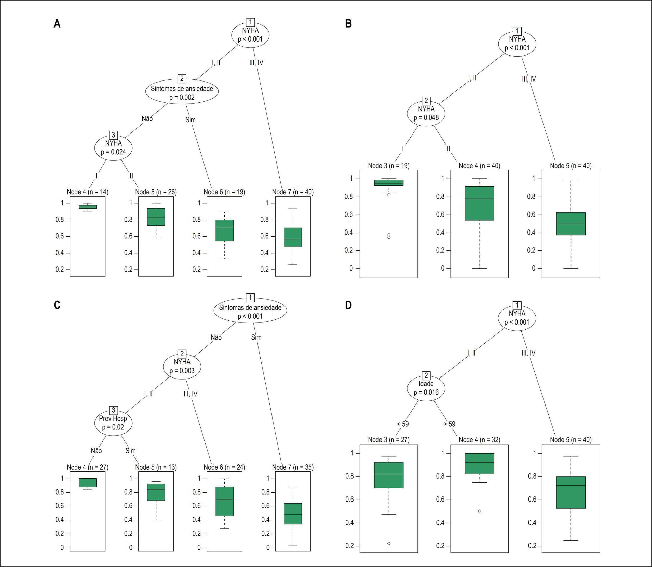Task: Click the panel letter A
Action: pyautogui.click(x=57, y=23)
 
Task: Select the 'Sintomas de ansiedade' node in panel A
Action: pyautogui.click(x=182, y=91)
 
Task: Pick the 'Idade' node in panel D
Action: pyautogui.click(x=426, y=388)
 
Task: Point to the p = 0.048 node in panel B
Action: pyautogui.click(x=426, y=113)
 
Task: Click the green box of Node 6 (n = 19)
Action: pyautogui.click(x=224, y=230)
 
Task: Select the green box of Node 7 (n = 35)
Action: pyautogui.click(x=293, y=514)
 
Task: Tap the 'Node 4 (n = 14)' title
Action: pyautogui.click(x=88, y=192)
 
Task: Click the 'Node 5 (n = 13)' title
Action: pyautogui.click(x=156, y=467)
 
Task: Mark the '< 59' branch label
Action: pyautogui.click(x=403, y=424)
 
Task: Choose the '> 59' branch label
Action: pyautogui.click(x=449, y=424)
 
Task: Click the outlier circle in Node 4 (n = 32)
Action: pyautogui.click(x=480, y=511)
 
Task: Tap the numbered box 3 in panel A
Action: pyautogui.click(x=113, y=135)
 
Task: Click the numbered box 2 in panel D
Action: pyautogui.click(x=426, y=375)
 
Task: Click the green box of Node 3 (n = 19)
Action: pyautogui.click(x=388, y=183)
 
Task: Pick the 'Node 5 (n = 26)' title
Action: pyautogui.click(x=156, y=192)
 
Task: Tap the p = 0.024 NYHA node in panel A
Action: pyautogui.click(x=113, y=147)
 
